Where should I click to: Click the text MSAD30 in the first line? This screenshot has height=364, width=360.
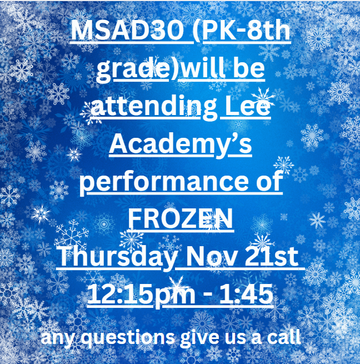(x=127, y=32)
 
